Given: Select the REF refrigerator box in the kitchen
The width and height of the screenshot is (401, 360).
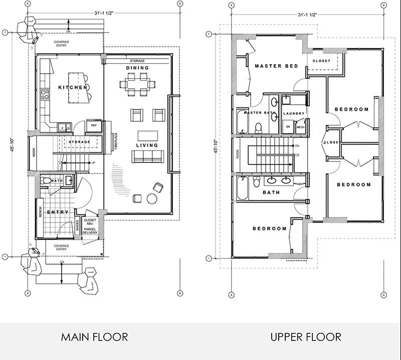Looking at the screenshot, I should [93, 125].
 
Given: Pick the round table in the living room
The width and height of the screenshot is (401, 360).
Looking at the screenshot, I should [152, 199].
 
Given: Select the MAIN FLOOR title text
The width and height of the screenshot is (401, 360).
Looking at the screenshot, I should [94, 336].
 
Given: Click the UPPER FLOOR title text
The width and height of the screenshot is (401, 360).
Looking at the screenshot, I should [306, 336].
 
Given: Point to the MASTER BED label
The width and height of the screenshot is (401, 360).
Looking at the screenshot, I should [276, 66].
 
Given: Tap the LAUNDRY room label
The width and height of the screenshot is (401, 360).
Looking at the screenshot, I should [294, 114].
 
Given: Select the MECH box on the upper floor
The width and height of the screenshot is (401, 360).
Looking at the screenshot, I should [300, 127].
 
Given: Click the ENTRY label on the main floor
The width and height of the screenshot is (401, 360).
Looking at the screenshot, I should [58, 213].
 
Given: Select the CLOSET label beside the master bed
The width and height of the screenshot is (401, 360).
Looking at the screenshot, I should [321, 61].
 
